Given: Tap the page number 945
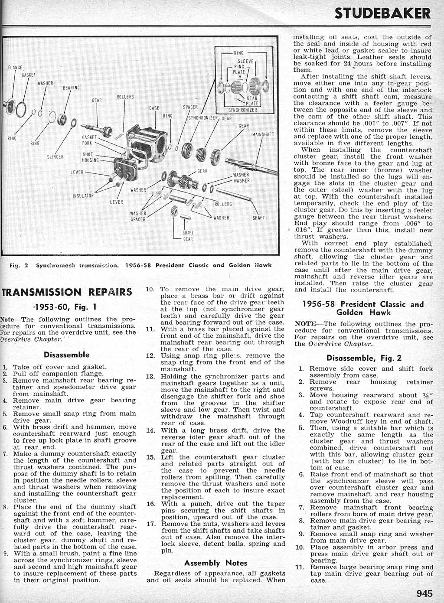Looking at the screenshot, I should [424, 593].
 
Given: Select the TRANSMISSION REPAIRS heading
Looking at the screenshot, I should [67, 292].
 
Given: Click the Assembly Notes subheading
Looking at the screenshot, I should [215, 563].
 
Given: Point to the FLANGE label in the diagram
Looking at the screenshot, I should [16, 68].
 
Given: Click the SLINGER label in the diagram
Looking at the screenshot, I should [55, 156].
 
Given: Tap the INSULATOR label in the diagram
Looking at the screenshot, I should [83, 196].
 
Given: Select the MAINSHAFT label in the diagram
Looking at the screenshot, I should [263, 134].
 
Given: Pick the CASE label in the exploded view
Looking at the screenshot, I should [154, 108].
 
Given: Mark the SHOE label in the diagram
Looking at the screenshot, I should [88, 154].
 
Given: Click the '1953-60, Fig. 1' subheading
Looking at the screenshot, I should [66, 307].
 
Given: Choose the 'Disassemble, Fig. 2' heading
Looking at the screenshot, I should [364, 358].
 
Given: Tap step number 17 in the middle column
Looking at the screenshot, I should [151, 523].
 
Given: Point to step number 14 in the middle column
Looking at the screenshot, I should [151, 430].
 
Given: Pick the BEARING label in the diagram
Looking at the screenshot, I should [71, 88].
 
